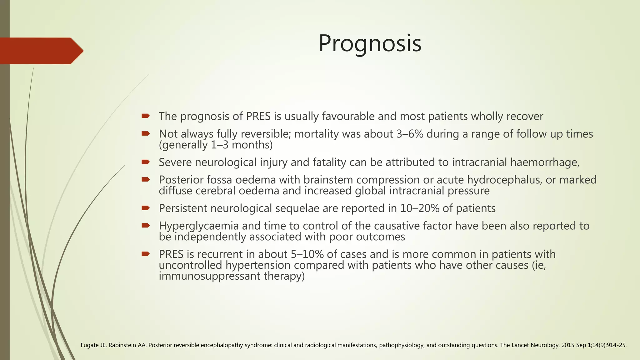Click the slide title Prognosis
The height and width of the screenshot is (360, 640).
370,43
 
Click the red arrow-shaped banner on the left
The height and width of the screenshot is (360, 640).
39,51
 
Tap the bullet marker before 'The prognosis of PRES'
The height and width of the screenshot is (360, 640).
145,116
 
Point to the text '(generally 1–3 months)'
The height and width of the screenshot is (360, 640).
216,145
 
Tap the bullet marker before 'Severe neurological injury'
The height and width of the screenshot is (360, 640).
145,162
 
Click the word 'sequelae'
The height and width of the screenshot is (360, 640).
297,208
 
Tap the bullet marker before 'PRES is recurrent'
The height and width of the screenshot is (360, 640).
145,254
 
